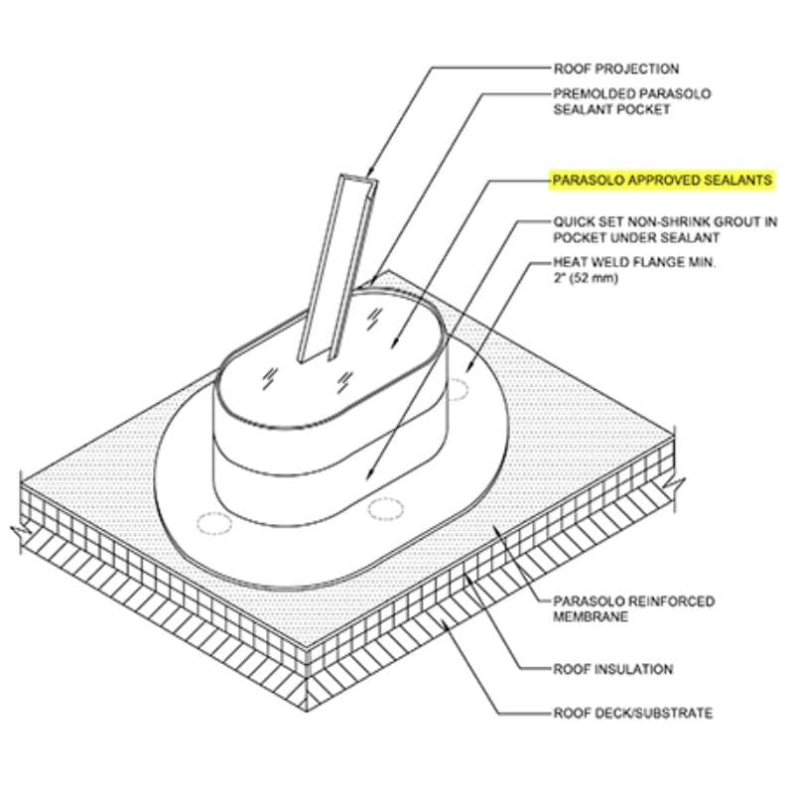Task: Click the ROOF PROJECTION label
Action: click(615, 68)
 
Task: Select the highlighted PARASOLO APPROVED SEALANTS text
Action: click(662, 180)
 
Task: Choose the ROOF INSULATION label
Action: click(612, 669)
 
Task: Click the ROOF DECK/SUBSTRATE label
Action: click(632, 713)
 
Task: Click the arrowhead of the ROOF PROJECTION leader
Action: click(368, 173)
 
